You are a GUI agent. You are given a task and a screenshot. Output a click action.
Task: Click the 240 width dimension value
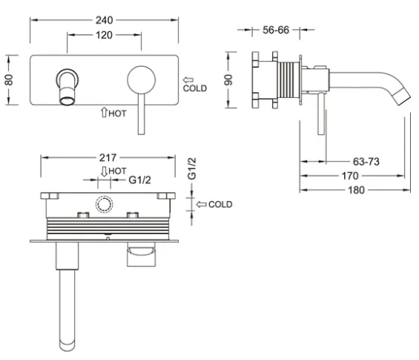[105, 20]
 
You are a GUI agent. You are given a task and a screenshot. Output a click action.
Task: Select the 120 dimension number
[104, 35]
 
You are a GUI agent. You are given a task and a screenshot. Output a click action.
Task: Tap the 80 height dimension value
[9, 80]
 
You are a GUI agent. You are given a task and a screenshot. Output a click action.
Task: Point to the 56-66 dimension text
[276, 30]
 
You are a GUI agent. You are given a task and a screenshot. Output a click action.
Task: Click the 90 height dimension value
[228, 79]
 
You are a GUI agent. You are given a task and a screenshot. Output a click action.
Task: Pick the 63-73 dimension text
[366, 162]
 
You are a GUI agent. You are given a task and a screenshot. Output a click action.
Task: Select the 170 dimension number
[350, 176]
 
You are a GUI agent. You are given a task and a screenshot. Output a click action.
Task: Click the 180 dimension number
[356, 190]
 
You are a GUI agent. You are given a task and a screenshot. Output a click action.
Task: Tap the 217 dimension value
[108, 158]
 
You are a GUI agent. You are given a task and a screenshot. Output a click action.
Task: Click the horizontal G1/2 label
[139, 180]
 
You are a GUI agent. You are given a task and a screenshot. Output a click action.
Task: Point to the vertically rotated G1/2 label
[192, 168]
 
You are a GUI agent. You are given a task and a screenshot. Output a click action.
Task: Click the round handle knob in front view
[142, 79]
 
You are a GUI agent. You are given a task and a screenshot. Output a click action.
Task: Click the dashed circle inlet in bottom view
[105, 204]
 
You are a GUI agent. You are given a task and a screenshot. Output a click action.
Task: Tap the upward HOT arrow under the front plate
[104, 112]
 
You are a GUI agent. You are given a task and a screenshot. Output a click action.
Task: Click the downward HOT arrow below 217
[104, 171]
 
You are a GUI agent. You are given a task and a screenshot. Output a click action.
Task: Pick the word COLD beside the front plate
[195, 88]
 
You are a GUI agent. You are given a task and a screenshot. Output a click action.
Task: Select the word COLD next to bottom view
[220, 204]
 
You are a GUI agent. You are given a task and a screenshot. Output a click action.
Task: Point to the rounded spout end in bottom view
[67, 346]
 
